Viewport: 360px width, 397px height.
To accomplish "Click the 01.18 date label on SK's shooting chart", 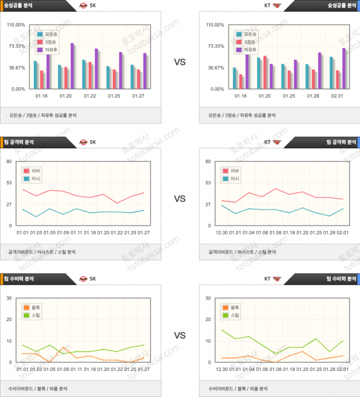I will click(x=42, y=96).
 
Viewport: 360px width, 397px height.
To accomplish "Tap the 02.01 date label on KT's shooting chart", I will click(x=338, y=96).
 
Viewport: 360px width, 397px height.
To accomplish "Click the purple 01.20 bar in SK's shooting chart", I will click(x=72, y=66).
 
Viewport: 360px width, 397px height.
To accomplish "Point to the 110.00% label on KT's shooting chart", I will click(x=215, y=25).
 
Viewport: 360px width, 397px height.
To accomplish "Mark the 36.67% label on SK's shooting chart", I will click(x=16, y=68).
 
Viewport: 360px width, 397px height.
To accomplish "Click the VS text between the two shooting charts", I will click(x=179, y=63).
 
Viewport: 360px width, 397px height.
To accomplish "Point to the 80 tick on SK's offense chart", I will click(x=9, y=162).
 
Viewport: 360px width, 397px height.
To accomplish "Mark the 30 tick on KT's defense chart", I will click(x=208, y=298).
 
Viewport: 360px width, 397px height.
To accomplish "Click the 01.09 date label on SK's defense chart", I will click(x=62, y=369).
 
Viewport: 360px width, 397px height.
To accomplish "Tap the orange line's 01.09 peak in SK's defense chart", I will click(x=64, y=347).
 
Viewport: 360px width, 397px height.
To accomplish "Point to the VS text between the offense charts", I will click(x=179, y=198).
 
